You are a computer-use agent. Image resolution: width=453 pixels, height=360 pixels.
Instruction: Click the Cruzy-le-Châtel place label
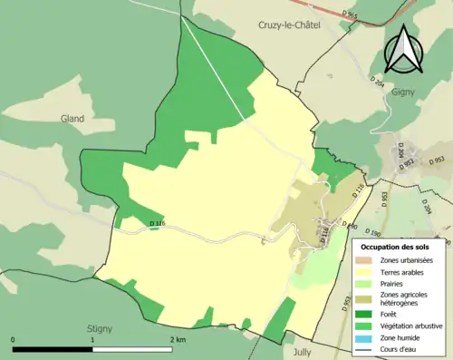coord(289,26)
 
